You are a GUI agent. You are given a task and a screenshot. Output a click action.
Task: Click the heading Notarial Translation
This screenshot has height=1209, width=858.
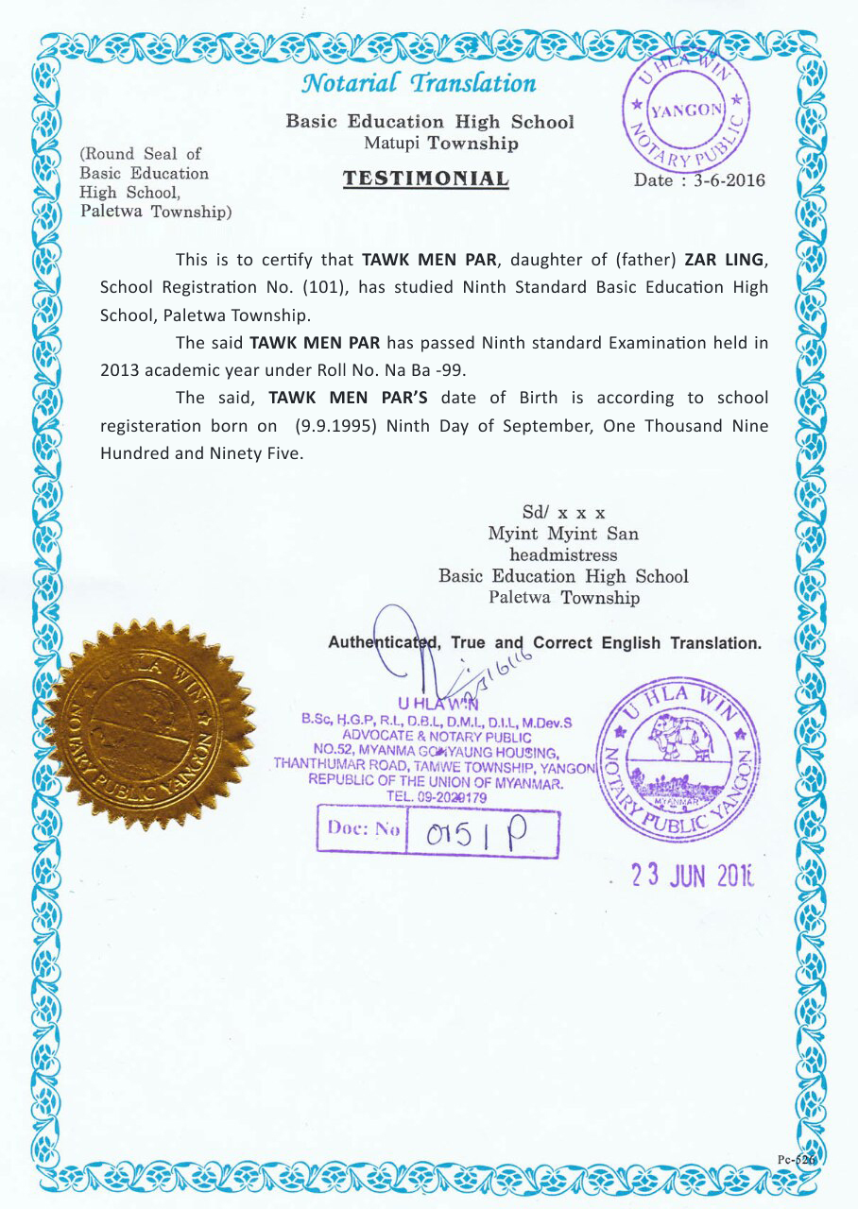[418, 83]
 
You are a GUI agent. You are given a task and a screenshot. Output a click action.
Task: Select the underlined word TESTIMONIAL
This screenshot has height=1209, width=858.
[425, 179]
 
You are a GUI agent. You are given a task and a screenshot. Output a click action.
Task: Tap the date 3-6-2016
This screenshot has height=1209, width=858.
[729, 180]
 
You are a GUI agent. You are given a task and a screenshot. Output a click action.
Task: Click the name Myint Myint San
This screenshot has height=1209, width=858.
[562, 534]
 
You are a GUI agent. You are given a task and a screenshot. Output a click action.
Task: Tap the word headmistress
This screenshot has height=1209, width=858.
[562, 554]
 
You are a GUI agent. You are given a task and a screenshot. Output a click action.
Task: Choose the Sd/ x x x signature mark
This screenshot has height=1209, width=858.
[563, 513]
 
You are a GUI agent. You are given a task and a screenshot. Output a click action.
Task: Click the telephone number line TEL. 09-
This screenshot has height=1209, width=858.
[437, 797]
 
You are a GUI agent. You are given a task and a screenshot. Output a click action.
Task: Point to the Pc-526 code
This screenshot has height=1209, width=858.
[794, 1160]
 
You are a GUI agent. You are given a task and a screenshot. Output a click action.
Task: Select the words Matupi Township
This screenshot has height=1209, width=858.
[441, 144]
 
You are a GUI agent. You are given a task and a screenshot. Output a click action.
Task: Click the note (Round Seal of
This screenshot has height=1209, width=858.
[141, 154]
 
